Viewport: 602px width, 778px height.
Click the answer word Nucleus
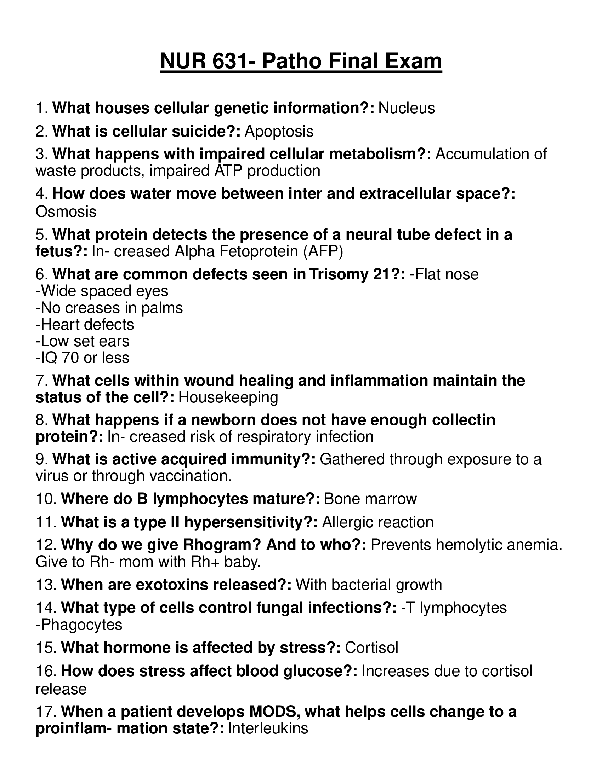407,108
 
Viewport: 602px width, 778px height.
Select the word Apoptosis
279,132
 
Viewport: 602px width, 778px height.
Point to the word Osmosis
66,211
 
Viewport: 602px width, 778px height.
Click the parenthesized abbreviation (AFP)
323,251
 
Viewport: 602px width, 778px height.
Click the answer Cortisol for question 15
371,648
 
